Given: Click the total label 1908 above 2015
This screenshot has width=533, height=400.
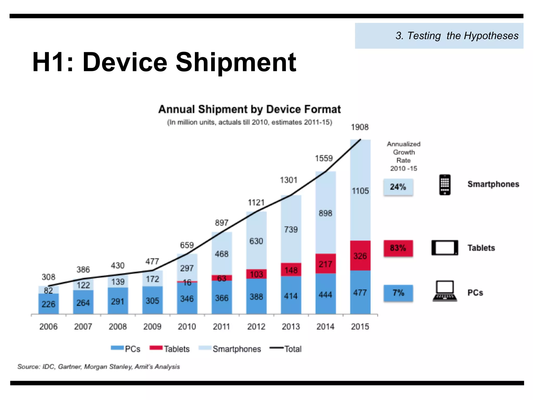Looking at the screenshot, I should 360,127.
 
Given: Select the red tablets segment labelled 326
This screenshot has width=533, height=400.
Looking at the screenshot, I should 360,256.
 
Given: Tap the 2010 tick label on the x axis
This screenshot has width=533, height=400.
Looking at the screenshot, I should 187,327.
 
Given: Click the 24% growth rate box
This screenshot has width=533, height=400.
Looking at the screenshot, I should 398,187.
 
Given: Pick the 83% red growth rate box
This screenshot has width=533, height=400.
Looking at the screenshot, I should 398,248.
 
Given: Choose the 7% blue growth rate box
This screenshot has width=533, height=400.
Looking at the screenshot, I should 398,293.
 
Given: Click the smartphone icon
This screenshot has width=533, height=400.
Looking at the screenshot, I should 445,185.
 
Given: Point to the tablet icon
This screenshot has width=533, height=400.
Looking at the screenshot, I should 445,248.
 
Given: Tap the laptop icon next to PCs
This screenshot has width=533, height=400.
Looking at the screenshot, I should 445,291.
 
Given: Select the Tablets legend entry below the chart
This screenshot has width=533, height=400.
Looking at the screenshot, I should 170,349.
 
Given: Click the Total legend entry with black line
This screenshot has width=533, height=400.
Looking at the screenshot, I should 286,349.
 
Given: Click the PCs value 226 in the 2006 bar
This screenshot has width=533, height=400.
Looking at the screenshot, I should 48,304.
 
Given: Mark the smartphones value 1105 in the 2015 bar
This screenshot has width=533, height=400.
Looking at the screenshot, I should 360,191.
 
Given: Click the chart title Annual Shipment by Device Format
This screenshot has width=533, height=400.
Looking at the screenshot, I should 249,109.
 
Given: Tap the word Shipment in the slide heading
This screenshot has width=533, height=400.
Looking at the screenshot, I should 236,63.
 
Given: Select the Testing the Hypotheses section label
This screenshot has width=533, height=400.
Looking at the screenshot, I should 457,36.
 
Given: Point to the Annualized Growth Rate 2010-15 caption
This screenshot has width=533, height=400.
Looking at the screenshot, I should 403,156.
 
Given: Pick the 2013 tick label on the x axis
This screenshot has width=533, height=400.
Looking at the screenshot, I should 291,327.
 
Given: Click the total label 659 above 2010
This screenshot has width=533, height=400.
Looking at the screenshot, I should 187,245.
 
